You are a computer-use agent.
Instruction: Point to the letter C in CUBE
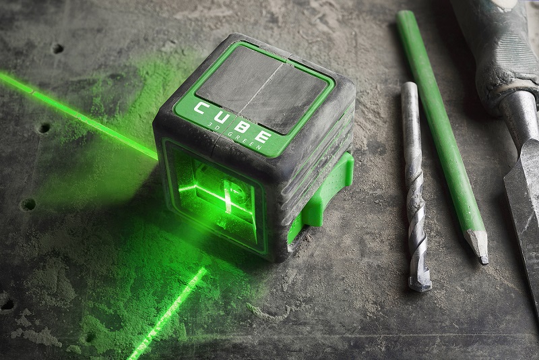click(x=201, y=109)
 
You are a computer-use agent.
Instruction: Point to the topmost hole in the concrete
click(x=57, y=49)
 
